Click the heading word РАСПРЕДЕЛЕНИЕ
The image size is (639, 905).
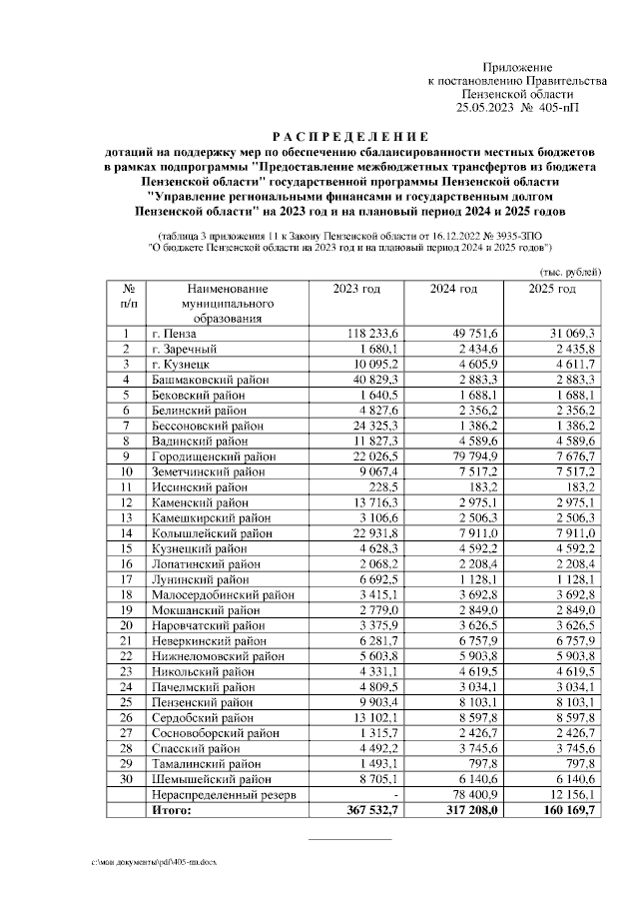coord(350,137)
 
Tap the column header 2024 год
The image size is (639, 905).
coord(454,289)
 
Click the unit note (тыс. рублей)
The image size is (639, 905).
coord(570,271)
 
